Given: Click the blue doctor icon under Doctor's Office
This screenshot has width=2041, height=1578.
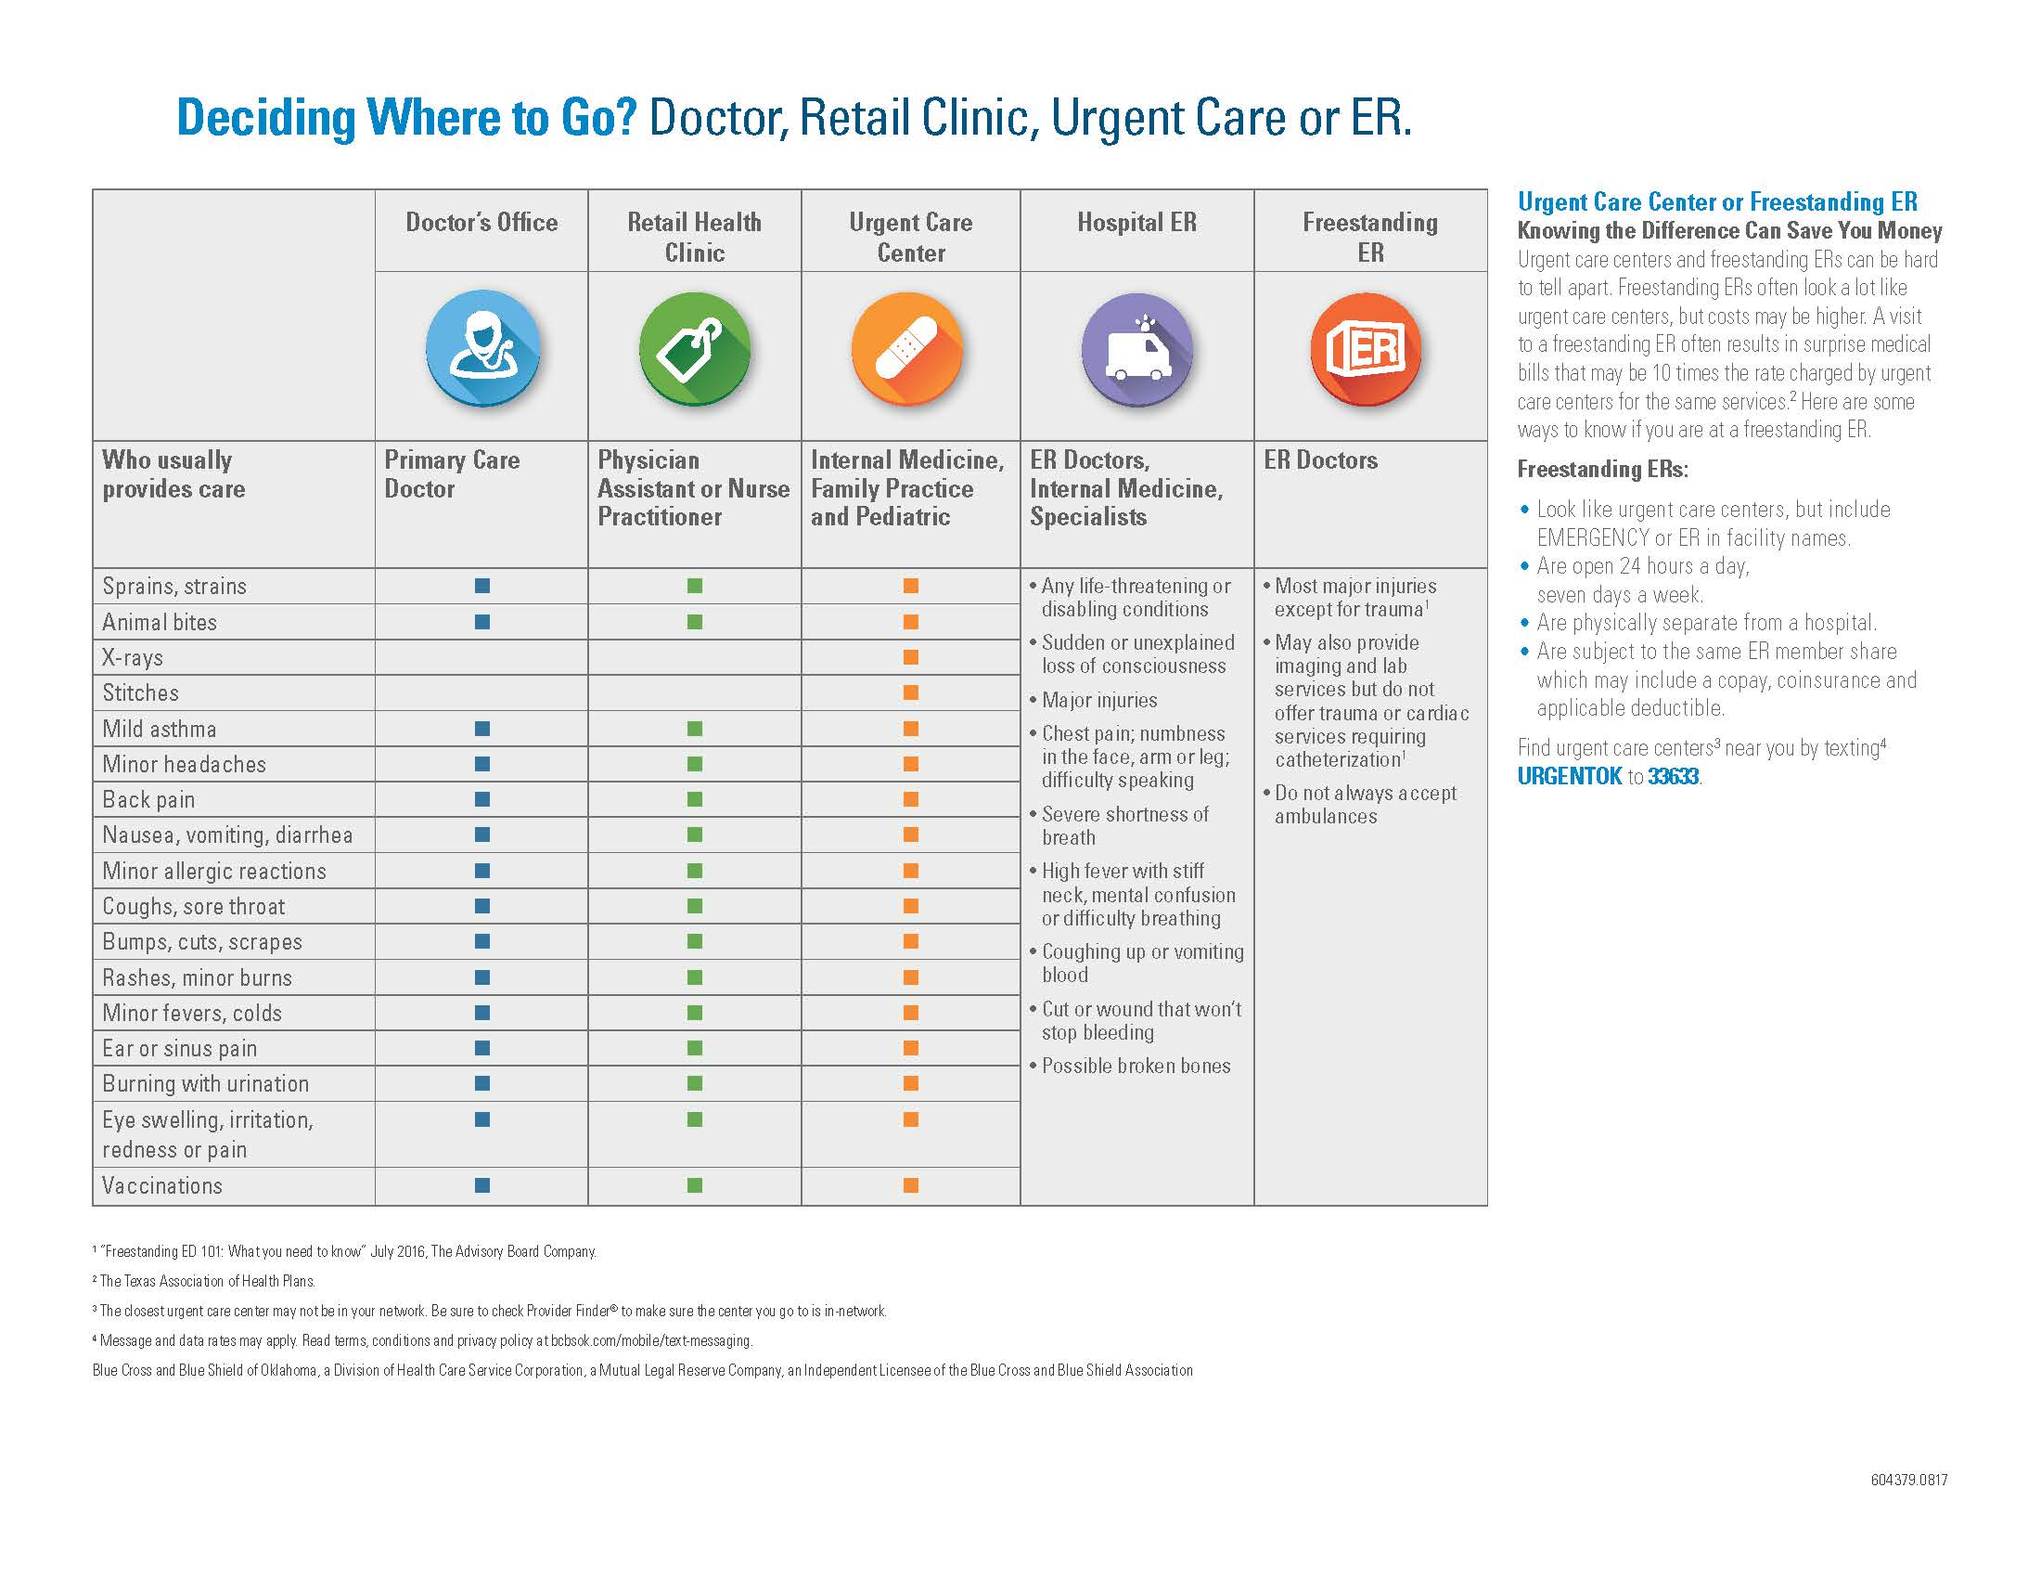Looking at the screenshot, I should tap(482, 348).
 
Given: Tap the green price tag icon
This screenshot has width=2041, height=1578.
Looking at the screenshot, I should tap(694, 349).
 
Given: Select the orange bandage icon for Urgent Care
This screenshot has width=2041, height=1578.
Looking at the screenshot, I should tap(907, 349).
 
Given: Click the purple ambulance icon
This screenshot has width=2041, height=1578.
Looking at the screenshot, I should tap(1137, 349).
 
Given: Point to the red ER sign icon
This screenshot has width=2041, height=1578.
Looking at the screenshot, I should tap(1367, 349).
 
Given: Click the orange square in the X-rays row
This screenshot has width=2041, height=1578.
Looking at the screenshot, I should tap(911, 657).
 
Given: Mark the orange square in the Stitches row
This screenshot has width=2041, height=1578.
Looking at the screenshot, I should tap(911, 692).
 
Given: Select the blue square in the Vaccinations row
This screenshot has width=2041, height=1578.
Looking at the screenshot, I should tap(482, 1185).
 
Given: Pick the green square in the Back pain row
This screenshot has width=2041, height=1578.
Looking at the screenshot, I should tap(694, 799).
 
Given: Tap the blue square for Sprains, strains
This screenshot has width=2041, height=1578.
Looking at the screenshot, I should tap(482, 586).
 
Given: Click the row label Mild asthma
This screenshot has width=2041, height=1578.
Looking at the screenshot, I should tap(159, 730).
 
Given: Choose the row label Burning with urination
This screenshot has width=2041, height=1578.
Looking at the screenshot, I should tap(206, 1083).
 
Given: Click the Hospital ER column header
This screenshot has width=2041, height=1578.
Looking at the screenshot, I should tap(1136, 223).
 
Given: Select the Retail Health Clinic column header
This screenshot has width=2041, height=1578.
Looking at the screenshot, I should tap(694, 238).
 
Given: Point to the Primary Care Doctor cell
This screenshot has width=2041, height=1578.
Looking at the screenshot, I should tap(453, 474).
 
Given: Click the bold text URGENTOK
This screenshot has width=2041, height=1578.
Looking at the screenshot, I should tap(1569, 777).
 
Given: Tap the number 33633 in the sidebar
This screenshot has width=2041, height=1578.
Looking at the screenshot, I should tap(1673, 777).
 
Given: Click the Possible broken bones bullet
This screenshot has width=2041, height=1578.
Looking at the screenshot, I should tap(1136, 1066).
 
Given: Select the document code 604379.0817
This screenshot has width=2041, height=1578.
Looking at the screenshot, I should tap(1908, 1480).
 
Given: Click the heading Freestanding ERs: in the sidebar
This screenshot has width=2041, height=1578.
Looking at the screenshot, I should tap(1602, 470).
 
